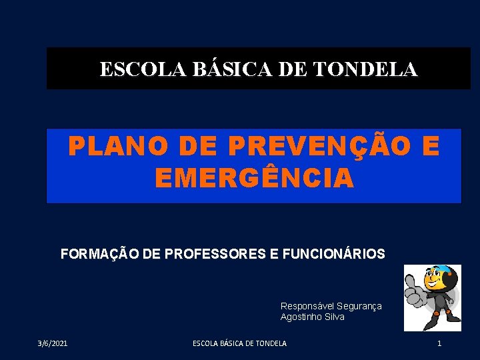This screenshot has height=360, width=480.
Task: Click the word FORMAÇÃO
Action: pyautogui.click(x=99, y=254)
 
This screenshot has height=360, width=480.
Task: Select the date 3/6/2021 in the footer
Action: pyautogui.click(x=52, y=343)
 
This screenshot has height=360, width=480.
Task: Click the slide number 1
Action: pyautogui.click(x=439, y=343)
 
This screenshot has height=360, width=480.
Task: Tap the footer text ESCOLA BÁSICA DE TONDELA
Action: pyautogui.click(x=239, y=343)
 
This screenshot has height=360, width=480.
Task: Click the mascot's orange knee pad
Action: pyautogui.click(x=448, y=311)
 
